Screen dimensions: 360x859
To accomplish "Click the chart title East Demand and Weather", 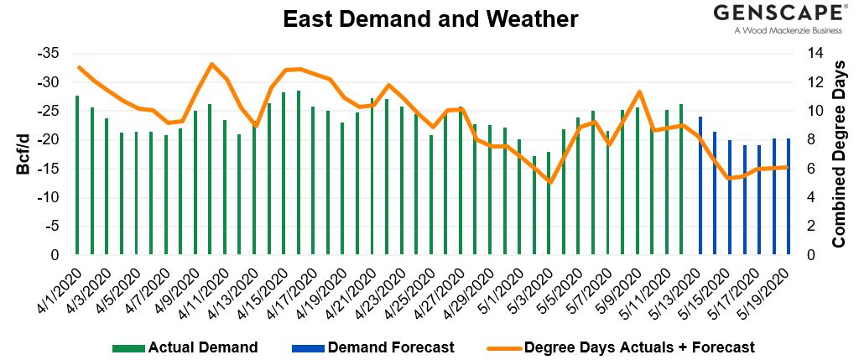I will [x=430, y=18].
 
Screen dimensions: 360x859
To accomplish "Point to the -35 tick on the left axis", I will [x=47, y=53].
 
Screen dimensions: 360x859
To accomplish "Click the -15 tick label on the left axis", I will [x=47, y=169].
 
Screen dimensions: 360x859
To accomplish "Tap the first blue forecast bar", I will [x=700, y=185].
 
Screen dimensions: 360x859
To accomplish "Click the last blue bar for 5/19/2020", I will [x=789, y=196].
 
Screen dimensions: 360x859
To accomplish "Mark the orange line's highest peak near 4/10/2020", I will [x=211, y=64].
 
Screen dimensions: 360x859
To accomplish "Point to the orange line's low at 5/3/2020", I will [x=549, y=182].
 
